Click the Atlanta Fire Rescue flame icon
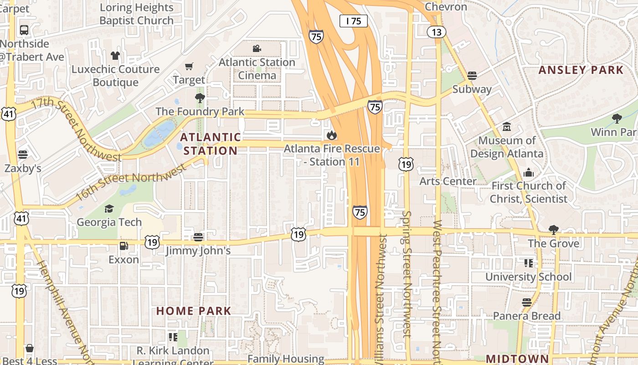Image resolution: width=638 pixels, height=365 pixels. click(331, 135)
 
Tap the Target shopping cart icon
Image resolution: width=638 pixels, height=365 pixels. click(189, 67)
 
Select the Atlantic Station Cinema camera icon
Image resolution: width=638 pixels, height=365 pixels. click(257, 48)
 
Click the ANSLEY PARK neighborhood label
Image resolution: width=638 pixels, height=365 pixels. click(581, 70)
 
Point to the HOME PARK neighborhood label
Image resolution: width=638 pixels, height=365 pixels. click(194, 311)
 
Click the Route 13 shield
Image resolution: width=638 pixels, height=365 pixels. click(437, 32)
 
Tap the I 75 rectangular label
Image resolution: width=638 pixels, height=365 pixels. click(353, 21)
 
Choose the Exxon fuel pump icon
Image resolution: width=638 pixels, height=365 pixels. click(123, 246)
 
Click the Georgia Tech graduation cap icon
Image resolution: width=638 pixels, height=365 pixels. click(109, 209)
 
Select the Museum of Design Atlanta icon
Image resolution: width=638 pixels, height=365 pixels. click(506, 126)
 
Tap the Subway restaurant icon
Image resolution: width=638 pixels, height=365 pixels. click(472, 76)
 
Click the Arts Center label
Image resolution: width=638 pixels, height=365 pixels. click(448, 181)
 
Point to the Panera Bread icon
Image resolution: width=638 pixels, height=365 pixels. click(527, 302)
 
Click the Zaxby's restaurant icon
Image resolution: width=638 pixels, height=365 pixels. click(23, 154)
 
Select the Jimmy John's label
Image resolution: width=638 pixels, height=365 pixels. click(198, 250)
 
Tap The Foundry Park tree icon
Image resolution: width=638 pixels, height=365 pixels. click(200, 98)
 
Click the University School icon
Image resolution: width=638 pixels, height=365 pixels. click(529, 263)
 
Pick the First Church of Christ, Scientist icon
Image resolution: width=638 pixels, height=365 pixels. click(529, 172)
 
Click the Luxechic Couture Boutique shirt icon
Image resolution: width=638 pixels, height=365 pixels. click(115, 56)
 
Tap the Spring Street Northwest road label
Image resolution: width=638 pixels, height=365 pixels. click(407, 274)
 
